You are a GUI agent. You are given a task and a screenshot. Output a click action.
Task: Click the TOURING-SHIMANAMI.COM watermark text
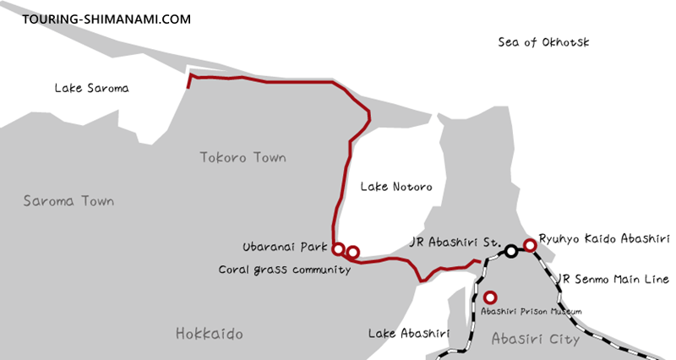point(95,18)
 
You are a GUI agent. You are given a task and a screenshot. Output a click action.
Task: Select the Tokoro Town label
point(243,157)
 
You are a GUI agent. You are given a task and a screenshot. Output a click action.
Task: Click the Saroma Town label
point(68,202)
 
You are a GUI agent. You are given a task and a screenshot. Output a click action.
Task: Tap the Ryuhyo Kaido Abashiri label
point(604,240)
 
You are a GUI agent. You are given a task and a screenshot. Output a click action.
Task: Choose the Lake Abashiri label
point(407,334)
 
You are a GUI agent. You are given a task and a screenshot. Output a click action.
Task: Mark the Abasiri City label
point(535,339)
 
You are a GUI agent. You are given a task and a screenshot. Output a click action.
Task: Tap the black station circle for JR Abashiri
point(511,251)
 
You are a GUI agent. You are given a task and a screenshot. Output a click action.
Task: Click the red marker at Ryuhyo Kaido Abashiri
point(530,245)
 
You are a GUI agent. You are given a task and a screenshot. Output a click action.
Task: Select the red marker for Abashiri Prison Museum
point(489,297)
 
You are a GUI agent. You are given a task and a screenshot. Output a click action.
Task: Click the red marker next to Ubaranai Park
point(338,249)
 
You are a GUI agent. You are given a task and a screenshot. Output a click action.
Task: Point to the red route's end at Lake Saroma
point(189,79)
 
